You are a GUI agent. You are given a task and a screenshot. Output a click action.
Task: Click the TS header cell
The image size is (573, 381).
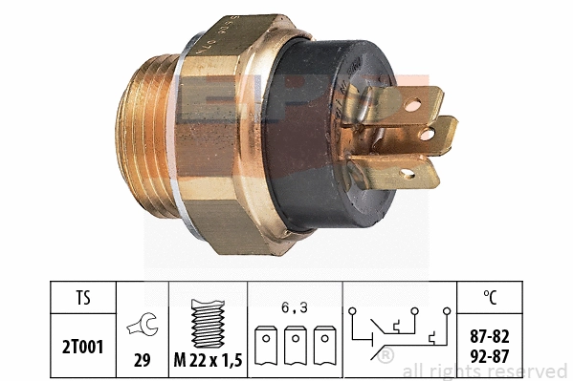point(85,298)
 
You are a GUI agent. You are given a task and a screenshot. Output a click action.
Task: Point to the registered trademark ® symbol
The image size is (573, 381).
point(386,355)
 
